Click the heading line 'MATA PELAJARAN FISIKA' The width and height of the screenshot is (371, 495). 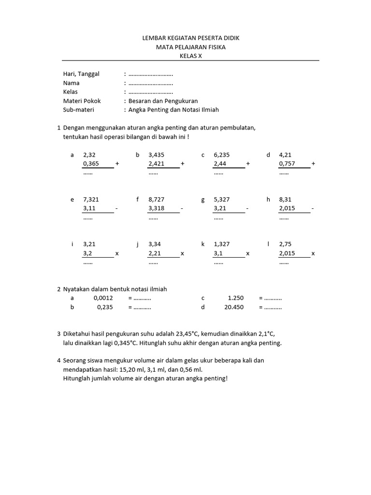point(190,47)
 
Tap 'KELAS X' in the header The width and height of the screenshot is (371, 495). point(190,56)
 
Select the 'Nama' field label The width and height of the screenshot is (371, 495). point(71,83)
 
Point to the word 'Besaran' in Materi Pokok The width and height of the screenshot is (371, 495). point(140,101)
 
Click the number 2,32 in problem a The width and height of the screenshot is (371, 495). point(89,155)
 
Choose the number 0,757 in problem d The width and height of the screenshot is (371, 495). point(287,164)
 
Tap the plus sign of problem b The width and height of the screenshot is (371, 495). point(183,164)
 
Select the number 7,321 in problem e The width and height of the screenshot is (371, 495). point(91,200)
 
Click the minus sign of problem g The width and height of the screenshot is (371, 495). point(247,209)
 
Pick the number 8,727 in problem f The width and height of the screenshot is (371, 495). point(157,200)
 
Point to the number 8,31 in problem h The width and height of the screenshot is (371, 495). point(285,200)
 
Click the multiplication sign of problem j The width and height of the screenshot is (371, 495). point(183,253)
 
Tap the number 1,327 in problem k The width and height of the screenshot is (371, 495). point(222,244)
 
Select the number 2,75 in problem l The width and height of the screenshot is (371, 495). point(285,244)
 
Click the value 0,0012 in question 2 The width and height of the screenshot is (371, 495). point(103,298)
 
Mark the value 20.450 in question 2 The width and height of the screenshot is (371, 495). point(234,307)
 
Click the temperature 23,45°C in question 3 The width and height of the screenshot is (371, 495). point(185,334)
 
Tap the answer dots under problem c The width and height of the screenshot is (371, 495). point(219,173)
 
